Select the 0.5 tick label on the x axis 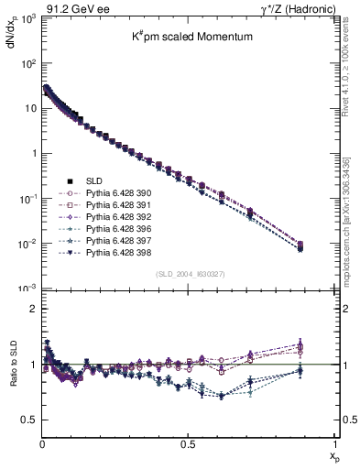click(x=188, y=443)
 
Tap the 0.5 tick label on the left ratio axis click(x=29, y=420)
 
